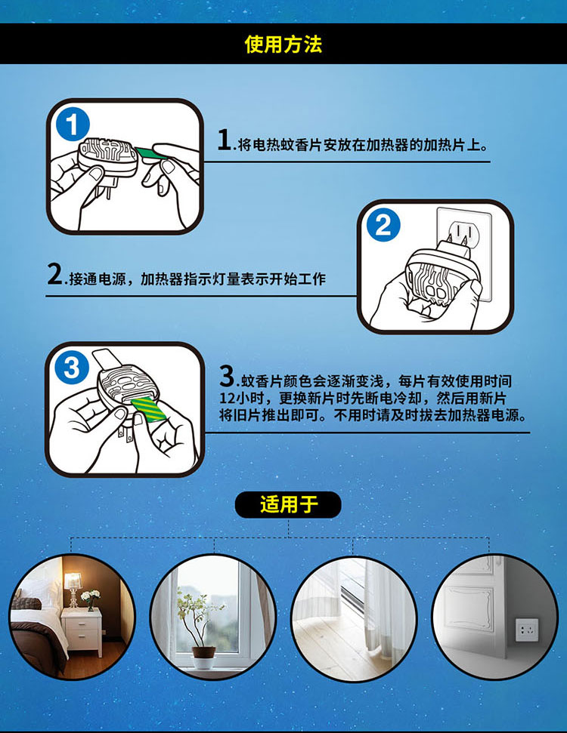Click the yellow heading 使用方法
283,45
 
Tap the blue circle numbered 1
73,125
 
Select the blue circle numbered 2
383,225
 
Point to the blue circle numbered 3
72,368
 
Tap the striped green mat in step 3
148,409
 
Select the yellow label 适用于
288,505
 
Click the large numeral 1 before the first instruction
225,140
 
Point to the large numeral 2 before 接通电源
54,274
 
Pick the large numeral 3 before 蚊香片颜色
227,376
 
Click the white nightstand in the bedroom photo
82,632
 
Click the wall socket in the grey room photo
527,630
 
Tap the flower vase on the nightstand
91,601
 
